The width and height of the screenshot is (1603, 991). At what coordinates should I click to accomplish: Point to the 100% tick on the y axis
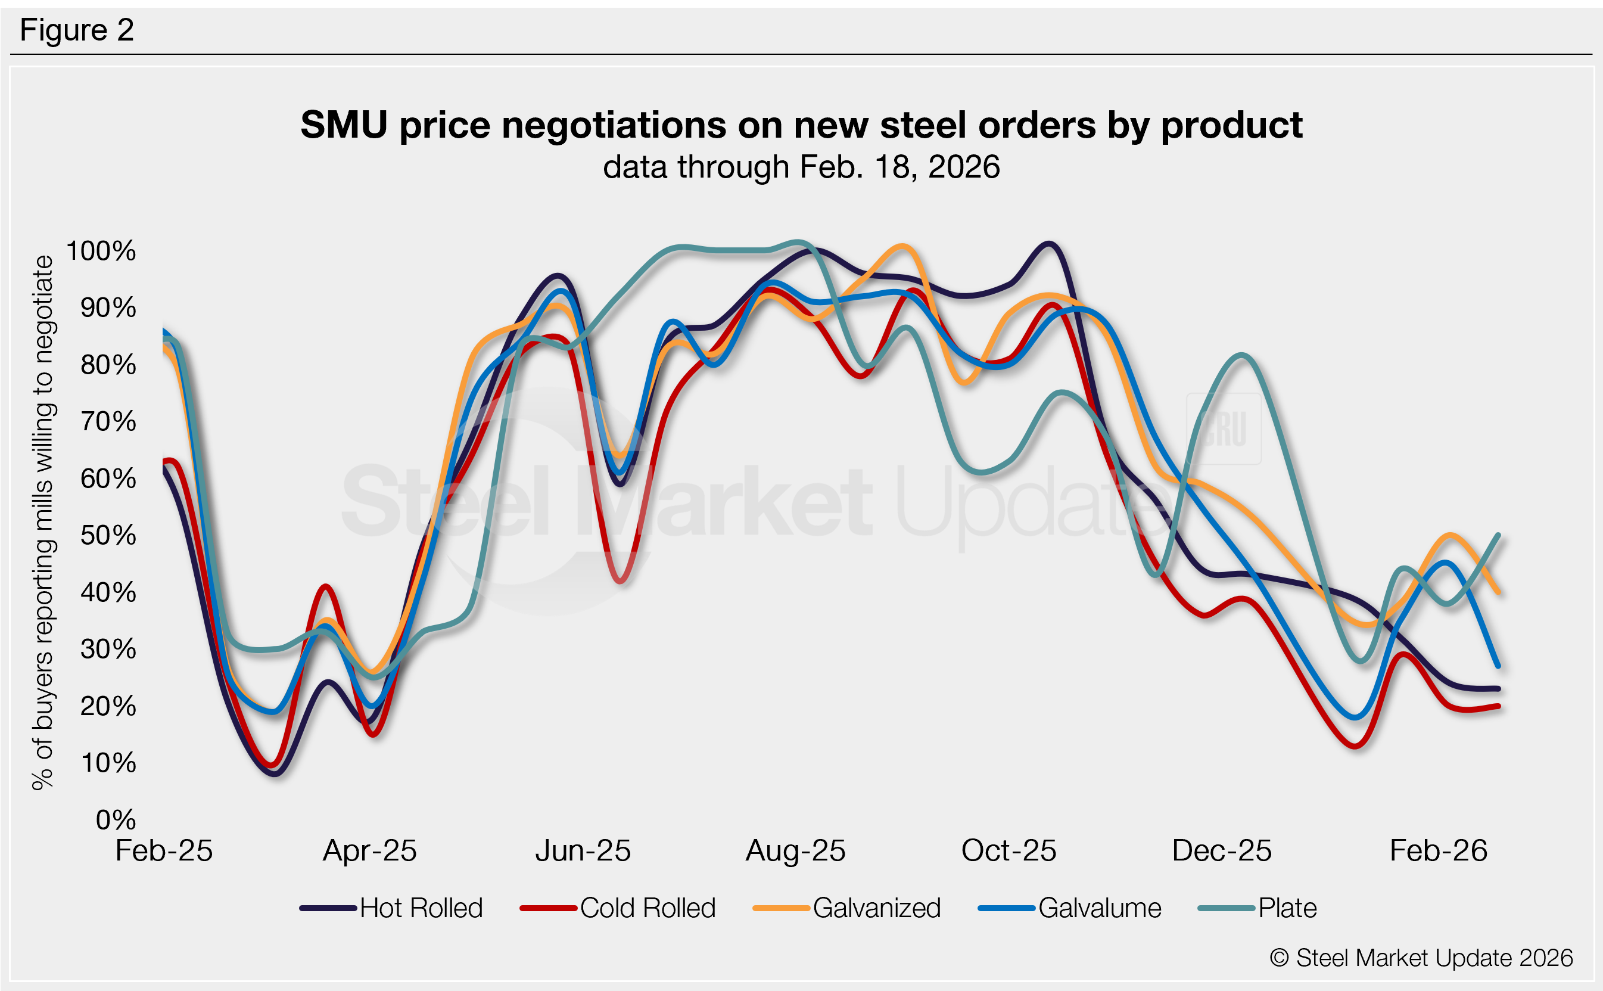(x=101, y=251)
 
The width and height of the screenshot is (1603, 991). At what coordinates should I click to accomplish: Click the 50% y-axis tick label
(x=108, y=536)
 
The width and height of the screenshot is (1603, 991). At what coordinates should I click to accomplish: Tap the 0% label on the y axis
(x=116, y=820)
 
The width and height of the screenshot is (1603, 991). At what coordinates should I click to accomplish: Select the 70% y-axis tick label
(x=108, y=421)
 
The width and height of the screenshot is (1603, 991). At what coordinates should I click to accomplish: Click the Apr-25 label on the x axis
(x=369, y=852)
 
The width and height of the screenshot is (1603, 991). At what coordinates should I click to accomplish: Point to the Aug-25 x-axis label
(x=795, y=852)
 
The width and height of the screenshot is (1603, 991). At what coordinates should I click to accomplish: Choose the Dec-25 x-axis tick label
(x=1222, y=852)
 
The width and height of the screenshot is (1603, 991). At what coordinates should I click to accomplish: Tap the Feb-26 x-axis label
(x=1439, y=852)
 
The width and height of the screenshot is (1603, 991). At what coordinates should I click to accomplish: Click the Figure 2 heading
(x=77, y=30)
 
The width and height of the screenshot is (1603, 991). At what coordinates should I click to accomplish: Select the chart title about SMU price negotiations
(x=801, y=125)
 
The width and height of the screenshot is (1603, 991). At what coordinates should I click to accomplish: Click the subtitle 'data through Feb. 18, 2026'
(x=801, y=167)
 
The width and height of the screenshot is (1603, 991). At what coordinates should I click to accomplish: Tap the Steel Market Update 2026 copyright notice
(x=1421, y=958)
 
